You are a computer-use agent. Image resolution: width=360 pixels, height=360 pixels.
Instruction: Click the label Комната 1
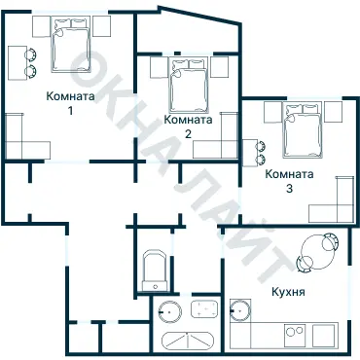(70, 104)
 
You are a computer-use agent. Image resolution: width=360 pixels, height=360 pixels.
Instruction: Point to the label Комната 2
(189, 126)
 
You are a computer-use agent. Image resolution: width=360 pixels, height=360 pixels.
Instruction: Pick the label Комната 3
(290, 181)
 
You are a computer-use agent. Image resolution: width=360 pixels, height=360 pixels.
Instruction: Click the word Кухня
(289, 292)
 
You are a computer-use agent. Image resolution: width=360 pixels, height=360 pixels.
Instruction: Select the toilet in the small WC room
(155, 270)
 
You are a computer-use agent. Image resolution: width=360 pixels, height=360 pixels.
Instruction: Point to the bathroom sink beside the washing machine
(204, 312)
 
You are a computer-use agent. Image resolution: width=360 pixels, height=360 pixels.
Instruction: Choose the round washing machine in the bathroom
(169, 313)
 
